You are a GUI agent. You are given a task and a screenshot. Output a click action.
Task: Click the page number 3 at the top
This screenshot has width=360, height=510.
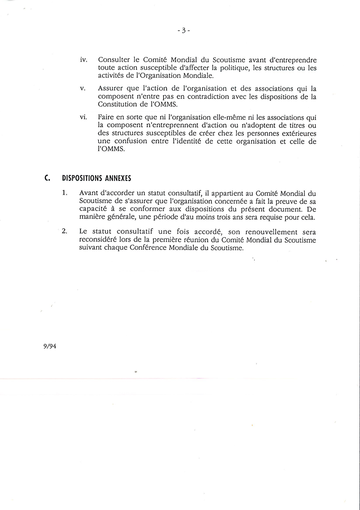click(x=184, y=30)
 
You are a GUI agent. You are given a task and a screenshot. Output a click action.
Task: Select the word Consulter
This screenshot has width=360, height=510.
click(x=112, y=60)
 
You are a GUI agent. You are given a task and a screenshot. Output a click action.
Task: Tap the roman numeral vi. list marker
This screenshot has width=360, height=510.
click(x=84, y=117)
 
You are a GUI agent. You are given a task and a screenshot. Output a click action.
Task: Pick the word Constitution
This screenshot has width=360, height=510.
click(x=117, y=104)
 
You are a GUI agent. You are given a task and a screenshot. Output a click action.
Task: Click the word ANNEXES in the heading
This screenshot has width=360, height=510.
click(x=116, y=178)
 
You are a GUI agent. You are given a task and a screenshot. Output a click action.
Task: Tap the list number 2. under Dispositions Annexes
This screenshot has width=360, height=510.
click(x=65, y=232)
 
